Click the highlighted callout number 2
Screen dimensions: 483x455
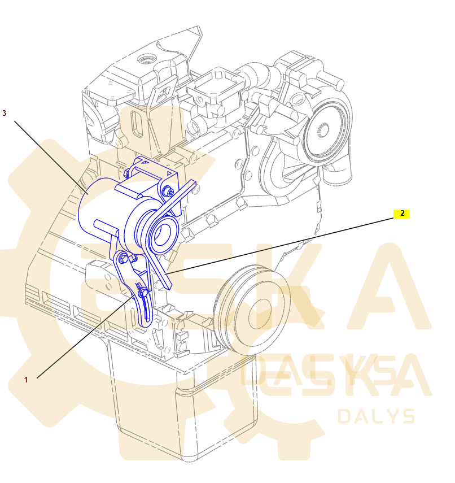coord(402,214)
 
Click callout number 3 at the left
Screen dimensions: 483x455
coord(5,113)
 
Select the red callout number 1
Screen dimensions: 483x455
coord(25,380)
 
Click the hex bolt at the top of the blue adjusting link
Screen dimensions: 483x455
coord(125,259)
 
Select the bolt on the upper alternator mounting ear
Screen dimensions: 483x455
coord(168,192)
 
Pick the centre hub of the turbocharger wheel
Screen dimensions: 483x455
coord(323,130)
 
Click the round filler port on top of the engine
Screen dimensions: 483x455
coord(148,59)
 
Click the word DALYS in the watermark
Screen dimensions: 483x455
coord(376,416)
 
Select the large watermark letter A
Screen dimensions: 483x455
coord(390,288)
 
